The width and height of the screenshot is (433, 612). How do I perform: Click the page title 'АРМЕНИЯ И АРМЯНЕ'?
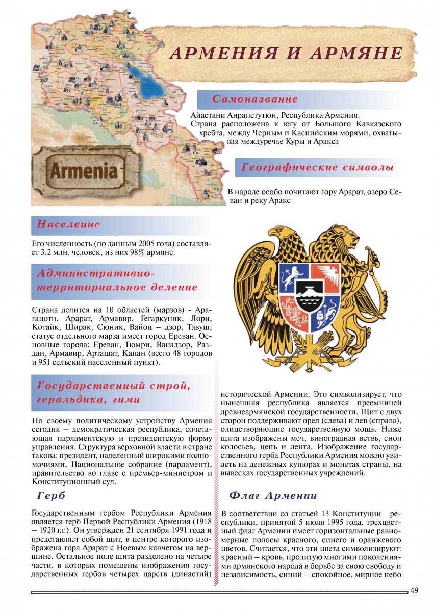[286, 53]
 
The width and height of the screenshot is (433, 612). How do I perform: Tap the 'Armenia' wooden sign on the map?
[83, 170]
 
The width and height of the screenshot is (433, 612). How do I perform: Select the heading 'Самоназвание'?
[254, 99]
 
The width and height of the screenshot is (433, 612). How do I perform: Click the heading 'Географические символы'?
[317, 167]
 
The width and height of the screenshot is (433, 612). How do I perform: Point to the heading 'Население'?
[69, 224]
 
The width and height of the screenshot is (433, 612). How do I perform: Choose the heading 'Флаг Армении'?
[273, 495]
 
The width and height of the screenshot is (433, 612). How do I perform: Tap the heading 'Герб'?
[52, 495]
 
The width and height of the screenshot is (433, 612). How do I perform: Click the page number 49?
[414, 590]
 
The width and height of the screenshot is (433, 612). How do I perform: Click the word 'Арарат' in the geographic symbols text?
[332, 192]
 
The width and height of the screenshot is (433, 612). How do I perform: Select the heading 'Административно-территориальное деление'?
[117, 280]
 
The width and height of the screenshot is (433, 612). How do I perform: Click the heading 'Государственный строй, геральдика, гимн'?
[113, 393]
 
